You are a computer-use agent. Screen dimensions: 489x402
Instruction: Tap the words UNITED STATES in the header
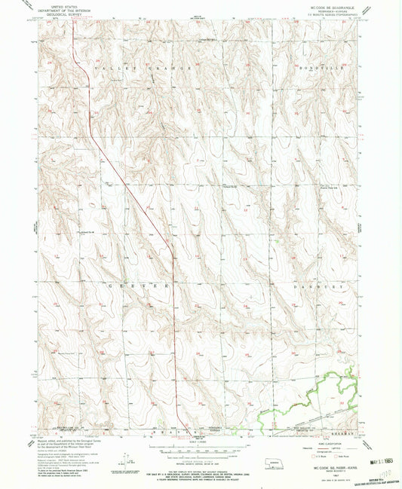point(63,4)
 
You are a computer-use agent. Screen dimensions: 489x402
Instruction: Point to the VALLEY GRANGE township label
point(133,69)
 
